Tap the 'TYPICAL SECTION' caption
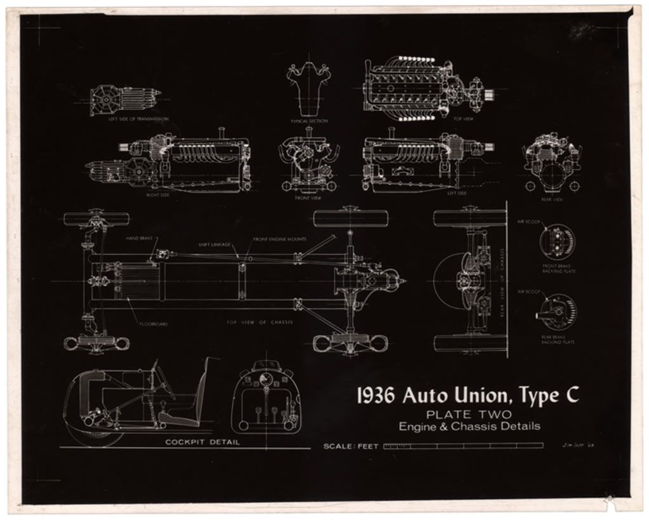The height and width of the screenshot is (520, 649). pos(309,121)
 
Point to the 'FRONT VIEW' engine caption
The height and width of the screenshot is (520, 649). pos(308,197)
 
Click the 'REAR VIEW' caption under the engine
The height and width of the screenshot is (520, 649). pos(553,199)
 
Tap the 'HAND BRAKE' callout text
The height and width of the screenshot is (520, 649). pos(137,238)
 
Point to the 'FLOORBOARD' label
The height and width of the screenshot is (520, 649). pos(154,324)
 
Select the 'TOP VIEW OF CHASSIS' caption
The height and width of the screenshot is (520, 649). pos(259,322)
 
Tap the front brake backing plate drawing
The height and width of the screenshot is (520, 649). pos(558,241)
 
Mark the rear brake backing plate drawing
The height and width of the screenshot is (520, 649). pos(558,310)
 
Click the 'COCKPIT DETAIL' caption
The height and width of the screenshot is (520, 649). pos(202,442)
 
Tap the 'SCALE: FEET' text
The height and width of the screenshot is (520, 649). pos(350,446)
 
